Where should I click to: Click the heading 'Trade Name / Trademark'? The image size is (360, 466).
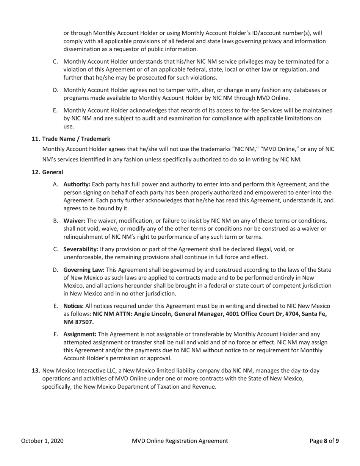click(76, 139)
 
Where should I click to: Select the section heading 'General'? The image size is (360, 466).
click(53, 172)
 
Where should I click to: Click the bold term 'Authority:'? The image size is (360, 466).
click(77, 185)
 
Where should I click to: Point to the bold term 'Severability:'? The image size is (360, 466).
click(81, 249)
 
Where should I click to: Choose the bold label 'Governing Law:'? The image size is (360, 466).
click(84, 270)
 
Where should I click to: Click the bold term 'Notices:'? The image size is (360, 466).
click(74, 306)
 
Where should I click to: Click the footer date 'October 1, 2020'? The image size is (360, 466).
click(42, 441)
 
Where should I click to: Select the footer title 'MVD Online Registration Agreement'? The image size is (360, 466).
click(180, 441)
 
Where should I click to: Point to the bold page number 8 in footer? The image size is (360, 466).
click(325, 441)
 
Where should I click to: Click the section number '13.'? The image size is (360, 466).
click(36, 371)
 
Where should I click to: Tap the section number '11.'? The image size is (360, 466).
click(36, 139)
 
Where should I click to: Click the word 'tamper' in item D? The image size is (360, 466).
click(174, 90)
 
